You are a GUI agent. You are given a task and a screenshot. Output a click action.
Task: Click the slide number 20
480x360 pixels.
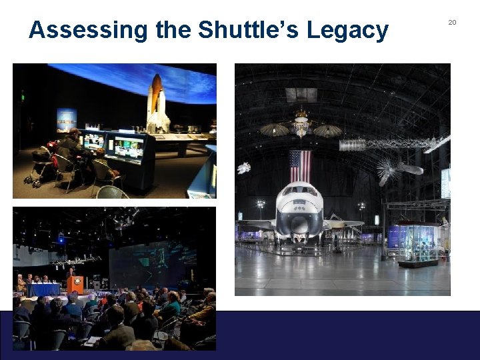[x=452, y=23]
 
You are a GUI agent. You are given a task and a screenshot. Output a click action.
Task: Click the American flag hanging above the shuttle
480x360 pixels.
[x=299, y=166]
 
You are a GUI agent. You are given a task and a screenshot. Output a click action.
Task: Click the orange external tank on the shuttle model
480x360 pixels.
[x=156, y=93]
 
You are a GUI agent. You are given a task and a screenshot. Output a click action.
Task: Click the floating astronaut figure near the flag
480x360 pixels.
[x=244, y=168]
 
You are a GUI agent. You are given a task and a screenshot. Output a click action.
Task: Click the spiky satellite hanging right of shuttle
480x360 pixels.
[x=393, y=168]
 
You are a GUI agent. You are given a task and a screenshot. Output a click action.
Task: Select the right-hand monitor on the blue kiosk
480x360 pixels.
[x=128, y=147]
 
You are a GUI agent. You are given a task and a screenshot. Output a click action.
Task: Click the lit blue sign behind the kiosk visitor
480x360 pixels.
[x=67, y=119]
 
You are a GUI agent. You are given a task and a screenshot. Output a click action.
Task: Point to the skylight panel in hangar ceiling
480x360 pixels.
[x=301, y=94]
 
